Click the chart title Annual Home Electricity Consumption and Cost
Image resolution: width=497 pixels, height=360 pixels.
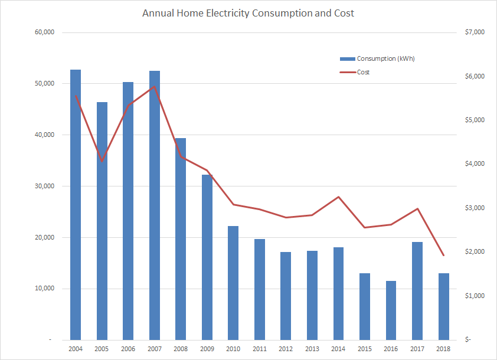click(248, 13)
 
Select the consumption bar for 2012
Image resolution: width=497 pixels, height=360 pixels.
click(286, 296)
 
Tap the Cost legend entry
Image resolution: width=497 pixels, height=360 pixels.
click(363, 72)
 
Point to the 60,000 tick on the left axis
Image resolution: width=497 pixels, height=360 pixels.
click(44, 32)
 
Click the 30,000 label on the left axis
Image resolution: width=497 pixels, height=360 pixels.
click(44, 186)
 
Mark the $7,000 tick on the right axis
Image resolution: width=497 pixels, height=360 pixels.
click(471, 32)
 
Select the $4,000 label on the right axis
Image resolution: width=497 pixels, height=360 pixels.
click(471, 164)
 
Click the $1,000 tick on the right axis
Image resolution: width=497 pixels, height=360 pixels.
click(471, 296)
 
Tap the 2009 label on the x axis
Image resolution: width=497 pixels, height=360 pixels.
click(207, 349)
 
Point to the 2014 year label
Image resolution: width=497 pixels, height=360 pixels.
click(338, 349)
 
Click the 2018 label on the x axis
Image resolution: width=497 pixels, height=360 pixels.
click(443, 349)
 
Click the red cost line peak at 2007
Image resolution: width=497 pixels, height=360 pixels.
click(155, 87)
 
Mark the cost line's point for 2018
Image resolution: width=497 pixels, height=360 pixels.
click(443, 256)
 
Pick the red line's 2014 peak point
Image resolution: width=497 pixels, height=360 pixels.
click(338, 197)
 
